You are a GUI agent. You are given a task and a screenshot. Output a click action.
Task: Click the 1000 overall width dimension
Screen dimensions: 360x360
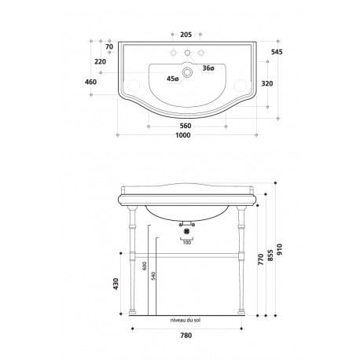pyautogui.click(x=183, y=135)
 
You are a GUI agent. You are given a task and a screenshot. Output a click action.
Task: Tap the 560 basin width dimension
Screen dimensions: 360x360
pyautogui.click(x=186, y=126)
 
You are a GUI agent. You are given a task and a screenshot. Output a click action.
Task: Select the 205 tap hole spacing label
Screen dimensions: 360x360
pyautogui.click(x=186, y=35)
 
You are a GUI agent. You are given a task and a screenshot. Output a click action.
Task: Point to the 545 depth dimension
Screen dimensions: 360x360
pyautogui.click(x=277, y=52)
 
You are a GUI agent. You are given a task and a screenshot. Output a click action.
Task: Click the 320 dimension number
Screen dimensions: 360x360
pyautogui.click(x=267, y=83)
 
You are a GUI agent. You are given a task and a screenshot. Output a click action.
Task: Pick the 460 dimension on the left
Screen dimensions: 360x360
pyautogui.click(x=90, y=82)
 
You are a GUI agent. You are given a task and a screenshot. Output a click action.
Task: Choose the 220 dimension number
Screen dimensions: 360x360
pyautogui.click(x=101, y=62)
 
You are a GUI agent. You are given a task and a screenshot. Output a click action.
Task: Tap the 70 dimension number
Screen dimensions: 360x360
pyautogui.click(x=109, y=47)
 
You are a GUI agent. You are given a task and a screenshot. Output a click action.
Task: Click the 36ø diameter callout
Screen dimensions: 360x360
pyautogui.click(x=208, y=68)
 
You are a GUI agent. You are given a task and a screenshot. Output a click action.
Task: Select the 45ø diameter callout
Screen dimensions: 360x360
pyautogui.click(x=173, y=79)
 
